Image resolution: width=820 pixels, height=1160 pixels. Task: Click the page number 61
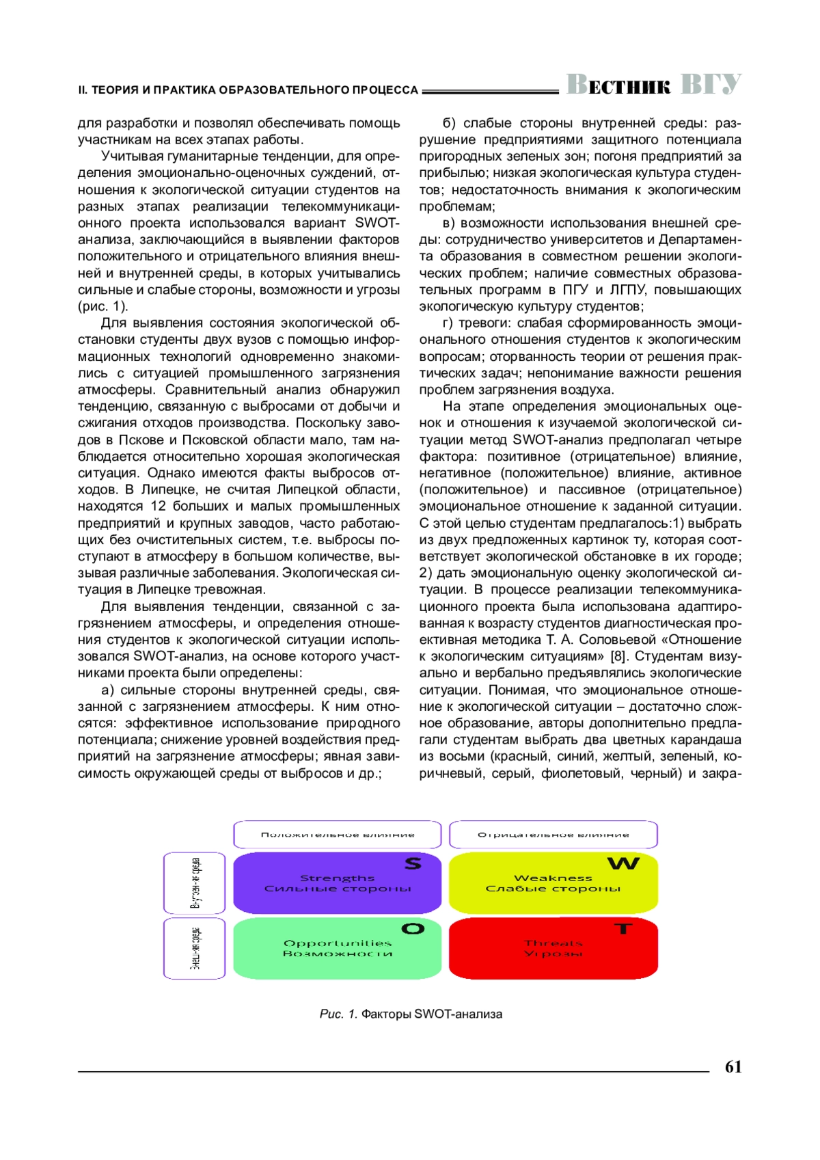pyautogui.click(x=733, y=1067)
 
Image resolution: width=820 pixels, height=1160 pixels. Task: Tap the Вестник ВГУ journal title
pyautogui.click(x=653, y=85)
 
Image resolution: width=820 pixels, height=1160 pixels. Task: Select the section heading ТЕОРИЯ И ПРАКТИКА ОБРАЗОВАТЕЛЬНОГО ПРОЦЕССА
pyautogui.click(x=254, y=90)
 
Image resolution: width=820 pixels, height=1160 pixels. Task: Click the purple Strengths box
pyautogui.click(x=338, y=883)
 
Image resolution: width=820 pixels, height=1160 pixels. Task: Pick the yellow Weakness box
pyautogui.click(x=553, y=883)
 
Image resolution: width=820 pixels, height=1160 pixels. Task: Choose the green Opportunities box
pyautogui.click(x=338, y=949)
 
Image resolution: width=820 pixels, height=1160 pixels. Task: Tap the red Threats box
pyautogui.click(x=553, y=949)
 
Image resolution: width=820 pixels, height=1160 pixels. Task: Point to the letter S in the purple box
pyautogui.click(x=413, y=864)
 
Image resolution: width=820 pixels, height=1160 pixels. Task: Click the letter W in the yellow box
pyautogui.click(x=623, y=864)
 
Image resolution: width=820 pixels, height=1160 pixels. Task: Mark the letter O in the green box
pyautogui.click(x=413, y=929)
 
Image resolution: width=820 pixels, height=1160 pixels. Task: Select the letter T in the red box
pyautogui.click(x=623, y=929)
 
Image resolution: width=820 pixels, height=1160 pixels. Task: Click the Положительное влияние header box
pyautogui.click(x=338, y=835)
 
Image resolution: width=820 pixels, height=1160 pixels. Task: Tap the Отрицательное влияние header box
pyautogui.click(x=553, y=835)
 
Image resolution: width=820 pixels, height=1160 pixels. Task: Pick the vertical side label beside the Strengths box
pyautogui.click(x=195, y=883)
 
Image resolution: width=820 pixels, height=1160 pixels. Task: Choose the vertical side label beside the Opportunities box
pyautogui.click(x=195, y=949)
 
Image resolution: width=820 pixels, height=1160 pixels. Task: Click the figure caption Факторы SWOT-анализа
pyautogui.click(x=431, y=1014)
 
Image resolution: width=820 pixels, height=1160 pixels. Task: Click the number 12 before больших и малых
pyautogui.click(x=158, y=507)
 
